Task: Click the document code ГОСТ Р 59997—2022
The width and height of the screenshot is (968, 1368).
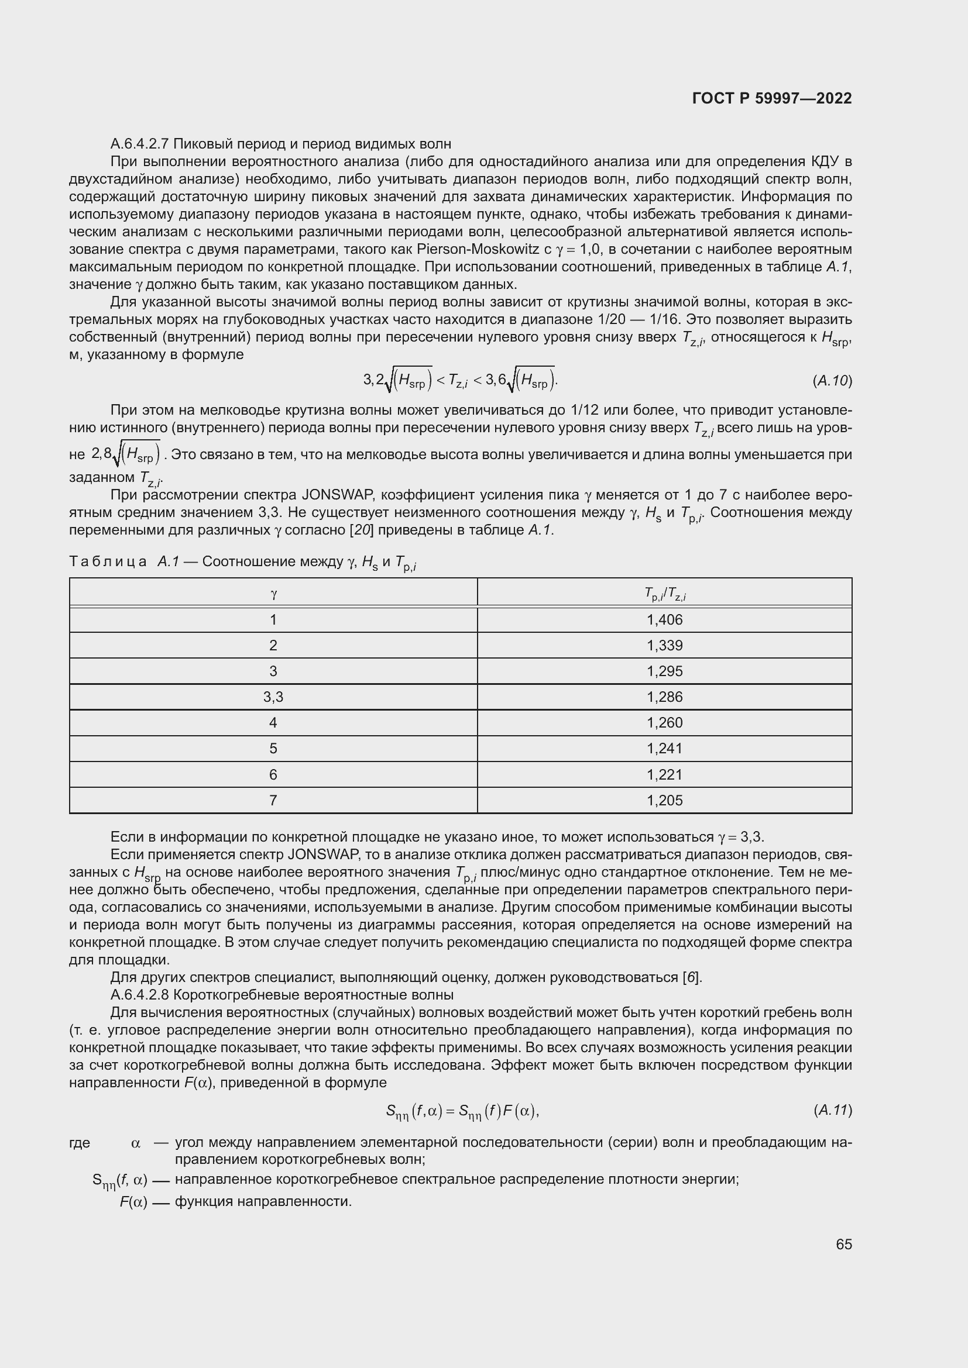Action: [772, 98]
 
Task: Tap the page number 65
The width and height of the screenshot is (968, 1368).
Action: [843, 1244]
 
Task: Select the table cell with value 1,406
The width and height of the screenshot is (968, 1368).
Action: [664, 619]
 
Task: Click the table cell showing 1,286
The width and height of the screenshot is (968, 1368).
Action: [664, 697]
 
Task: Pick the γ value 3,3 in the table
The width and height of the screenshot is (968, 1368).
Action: [273, 697]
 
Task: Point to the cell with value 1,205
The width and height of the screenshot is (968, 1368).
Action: [664, 800]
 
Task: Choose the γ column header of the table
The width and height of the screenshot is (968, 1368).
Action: [273, 594]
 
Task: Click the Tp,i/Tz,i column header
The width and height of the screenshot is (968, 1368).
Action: [664, 594]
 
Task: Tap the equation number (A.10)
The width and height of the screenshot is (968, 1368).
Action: [832, 381]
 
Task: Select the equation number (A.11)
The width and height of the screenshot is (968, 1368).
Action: [832, 1110]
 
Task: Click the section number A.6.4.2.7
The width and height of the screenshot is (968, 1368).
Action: [140, 144]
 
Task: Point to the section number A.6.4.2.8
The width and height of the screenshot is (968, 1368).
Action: [140, 995]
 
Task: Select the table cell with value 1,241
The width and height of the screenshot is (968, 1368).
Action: [664, 749]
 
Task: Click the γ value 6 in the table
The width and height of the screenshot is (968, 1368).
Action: [273, 774]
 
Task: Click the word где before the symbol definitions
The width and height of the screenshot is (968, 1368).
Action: [79, 1143]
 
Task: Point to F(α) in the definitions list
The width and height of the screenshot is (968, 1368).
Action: [133, 1202]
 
